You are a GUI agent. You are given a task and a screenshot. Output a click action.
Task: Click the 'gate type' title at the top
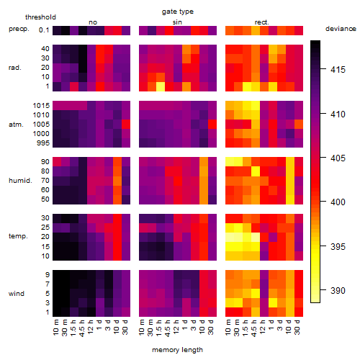pos(178,12)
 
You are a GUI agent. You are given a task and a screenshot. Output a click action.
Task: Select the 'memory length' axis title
pos(177,350)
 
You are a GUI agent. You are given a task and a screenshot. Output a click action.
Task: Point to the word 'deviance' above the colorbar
pos(341,29)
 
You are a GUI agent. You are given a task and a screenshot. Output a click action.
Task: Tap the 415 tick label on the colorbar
pos(338,70)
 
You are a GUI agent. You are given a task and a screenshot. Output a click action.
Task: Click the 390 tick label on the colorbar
pos(338,291)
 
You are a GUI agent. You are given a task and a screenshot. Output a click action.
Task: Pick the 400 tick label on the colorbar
pos(338,202)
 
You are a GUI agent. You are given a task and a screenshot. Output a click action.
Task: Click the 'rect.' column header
pos(262,22)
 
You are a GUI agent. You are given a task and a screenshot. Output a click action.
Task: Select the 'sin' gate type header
pos(177,22)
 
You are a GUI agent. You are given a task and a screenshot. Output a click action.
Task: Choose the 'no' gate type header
pos(93,22)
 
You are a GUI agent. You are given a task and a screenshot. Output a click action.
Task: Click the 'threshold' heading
pos(40,17)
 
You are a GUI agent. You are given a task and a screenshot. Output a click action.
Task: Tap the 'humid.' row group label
pos(20,181)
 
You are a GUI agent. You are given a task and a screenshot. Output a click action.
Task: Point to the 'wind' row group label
pos(17,294)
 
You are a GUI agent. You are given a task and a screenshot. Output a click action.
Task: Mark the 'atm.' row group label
pos(16,125)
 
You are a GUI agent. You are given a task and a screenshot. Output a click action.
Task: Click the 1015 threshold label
pos(41,106)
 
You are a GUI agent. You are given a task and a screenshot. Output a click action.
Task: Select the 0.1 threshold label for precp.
pos(44,30)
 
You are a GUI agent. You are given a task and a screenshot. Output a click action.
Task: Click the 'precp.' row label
pos(19,29)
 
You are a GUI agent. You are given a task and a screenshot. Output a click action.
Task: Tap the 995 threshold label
pos(43,143)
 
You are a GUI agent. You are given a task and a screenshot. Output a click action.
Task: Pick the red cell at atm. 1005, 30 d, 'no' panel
pos(126,125)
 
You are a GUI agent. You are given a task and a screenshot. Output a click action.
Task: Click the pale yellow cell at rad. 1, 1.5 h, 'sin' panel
pos(161,86)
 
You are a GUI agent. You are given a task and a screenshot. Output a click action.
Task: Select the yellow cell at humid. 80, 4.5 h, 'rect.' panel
pos(256,171)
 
